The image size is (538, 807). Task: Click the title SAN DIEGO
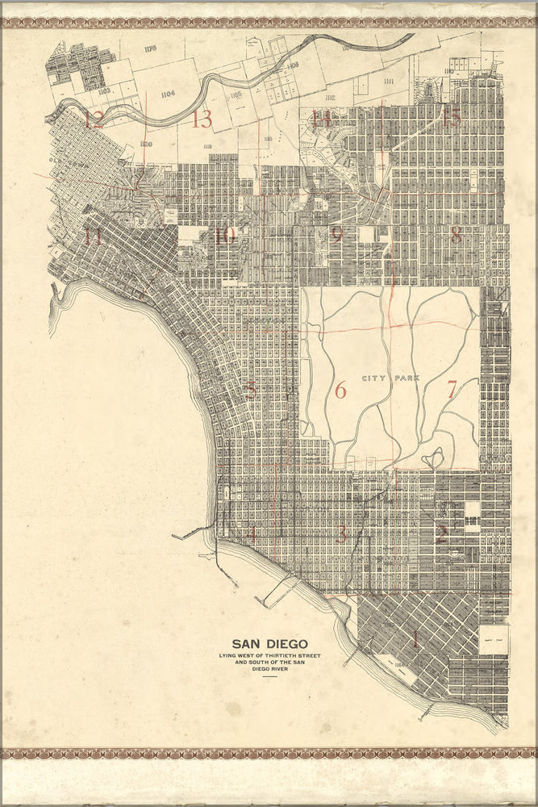point(269,644)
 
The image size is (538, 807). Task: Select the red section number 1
point(415,641)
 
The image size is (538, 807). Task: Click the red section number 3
point(342,533)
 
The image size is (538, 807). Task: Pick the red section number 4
point(252,533)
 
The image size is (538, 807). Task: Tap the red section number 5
point(252,391)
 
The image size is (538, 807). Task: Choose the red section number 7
point(451,389)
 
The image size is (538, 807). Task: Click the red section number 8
point(456,236)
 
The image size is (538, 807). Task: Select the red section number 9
point(336,235)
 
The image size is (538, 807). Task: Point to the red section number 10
point(224,236)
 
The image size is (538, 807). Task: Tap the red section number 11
point(93,237)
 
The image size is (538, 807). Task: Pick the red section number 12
point(94,121)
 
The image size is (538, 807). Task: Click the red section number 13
point(201,120)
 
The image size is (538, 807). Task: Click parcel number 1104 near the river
point(168,94)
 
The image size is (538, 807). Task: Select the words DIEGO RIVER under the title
point(269,669)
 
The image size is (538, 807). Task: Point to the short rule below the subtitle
point(269,677)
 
